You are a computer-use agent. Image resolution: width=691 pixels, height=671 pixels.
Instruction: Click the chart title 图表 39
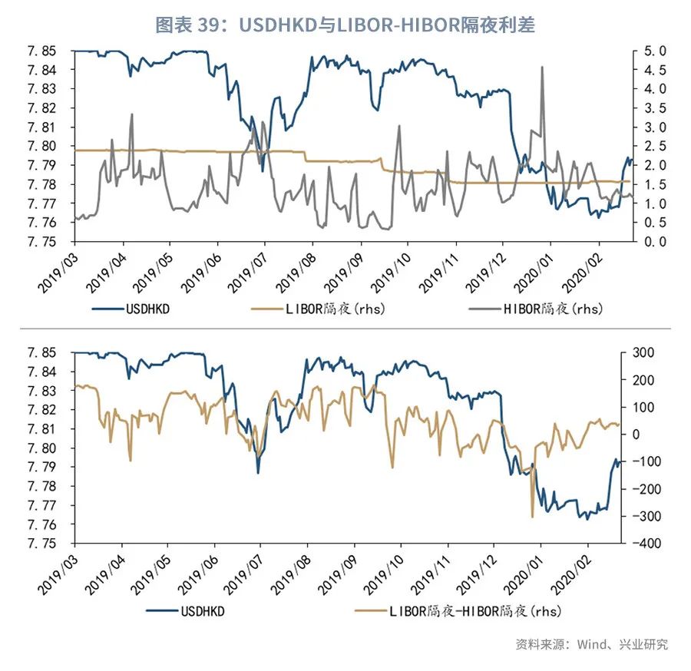[x=345, y=25]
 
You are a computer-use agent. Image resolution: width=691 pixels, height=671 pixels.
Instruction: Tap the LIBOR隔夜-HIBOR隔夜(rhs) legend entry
[x=458, y=611]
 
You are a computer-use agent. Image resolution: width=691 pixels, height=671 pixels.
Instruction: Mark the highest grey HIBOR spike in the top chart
[x=543, y=68]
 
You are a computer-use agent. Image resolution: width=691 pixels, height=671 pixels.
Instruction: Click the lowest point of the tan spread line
[x=532, y=516]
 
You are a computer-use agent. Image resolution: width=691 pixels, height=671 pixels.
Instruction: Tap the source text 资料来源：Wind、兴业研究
[x=591, y=644]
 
